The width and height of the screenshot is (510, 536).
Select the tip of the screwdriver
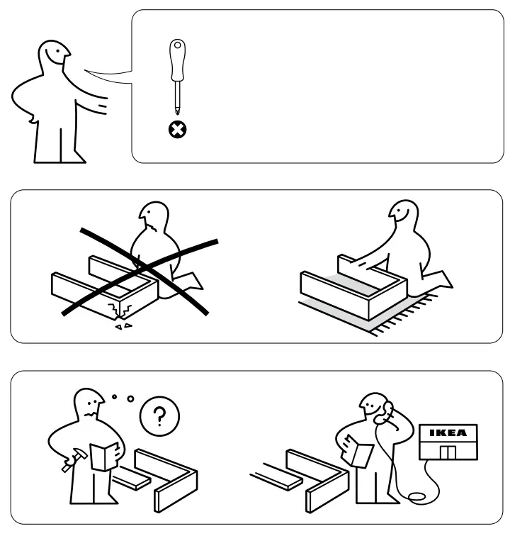[176, 113]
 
